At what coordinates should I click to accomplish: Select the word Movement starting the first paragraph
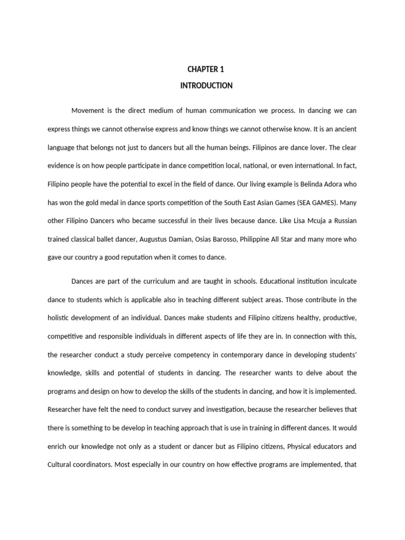click(87, 111)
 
